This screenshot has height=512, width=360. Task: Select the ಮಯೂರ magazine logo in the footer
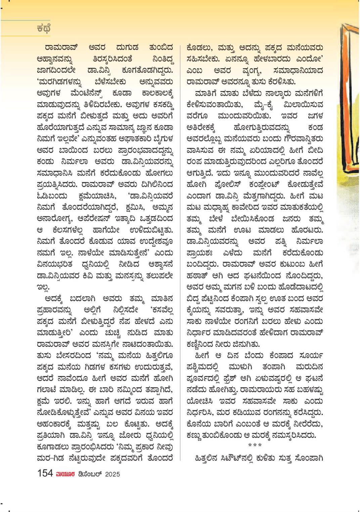pyautogui.click(x=63, y=474)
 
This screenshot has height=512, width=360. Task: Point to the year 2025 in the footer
pyautogui.click(x=112, y=474)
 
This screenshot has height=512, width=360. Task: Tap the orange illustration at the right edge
pyautogui.click(x=349, y=101)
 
